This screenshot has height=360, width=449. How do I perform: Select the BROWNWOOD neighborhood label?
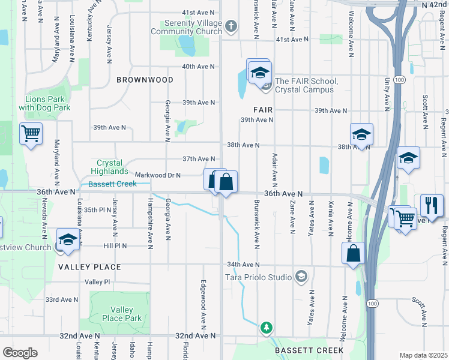click(x=145, y=80)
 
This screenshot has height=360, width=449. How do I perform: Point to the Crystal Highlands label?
click(x=109, y=167)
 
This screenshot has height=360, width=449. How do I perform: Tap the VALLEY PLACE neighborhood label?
click(x=89, y=267)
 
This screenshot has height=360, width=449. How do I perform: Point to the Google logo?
click(x=20, y=352)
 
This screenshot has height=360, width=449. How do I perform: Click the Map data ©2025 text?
click(x=423, y=355)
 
